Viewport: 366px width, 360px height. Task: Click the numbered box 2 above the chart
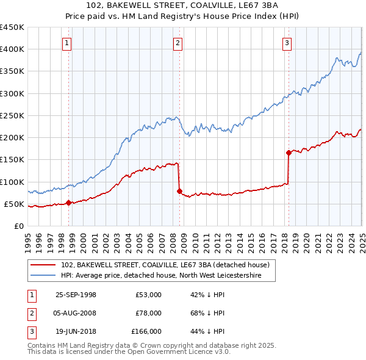click(x=177, y=43)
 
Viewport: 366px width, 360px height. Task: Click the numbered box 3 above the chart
click(x=287, y=43)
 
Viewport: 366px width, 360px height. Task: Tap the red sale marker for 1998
click(x=69, y=203)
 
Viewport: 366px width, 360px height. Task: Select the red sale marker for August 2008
click(x=179, y=192)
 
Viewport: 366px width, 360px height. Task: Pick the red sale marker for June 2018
click(x=289, y=153)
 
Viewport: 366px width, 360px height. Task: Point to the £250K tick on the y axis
click(x=13, y=115)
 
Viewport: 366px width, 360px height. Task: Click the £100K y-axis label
click(x=13, y=182)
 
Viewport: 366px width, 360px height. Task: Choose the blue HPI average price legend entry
click(x=161, y=276)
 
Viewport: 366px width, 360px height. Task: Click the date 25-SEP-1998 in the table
click(x=76, y=295)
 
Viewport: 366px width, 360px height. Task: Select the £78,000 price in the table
click(x=148, y=313)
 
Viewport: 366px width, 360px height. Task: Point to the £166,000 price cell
click(x=146, y=331)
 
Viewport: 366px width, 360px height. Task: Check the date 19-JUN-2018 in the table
click(x=76, y=331)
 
